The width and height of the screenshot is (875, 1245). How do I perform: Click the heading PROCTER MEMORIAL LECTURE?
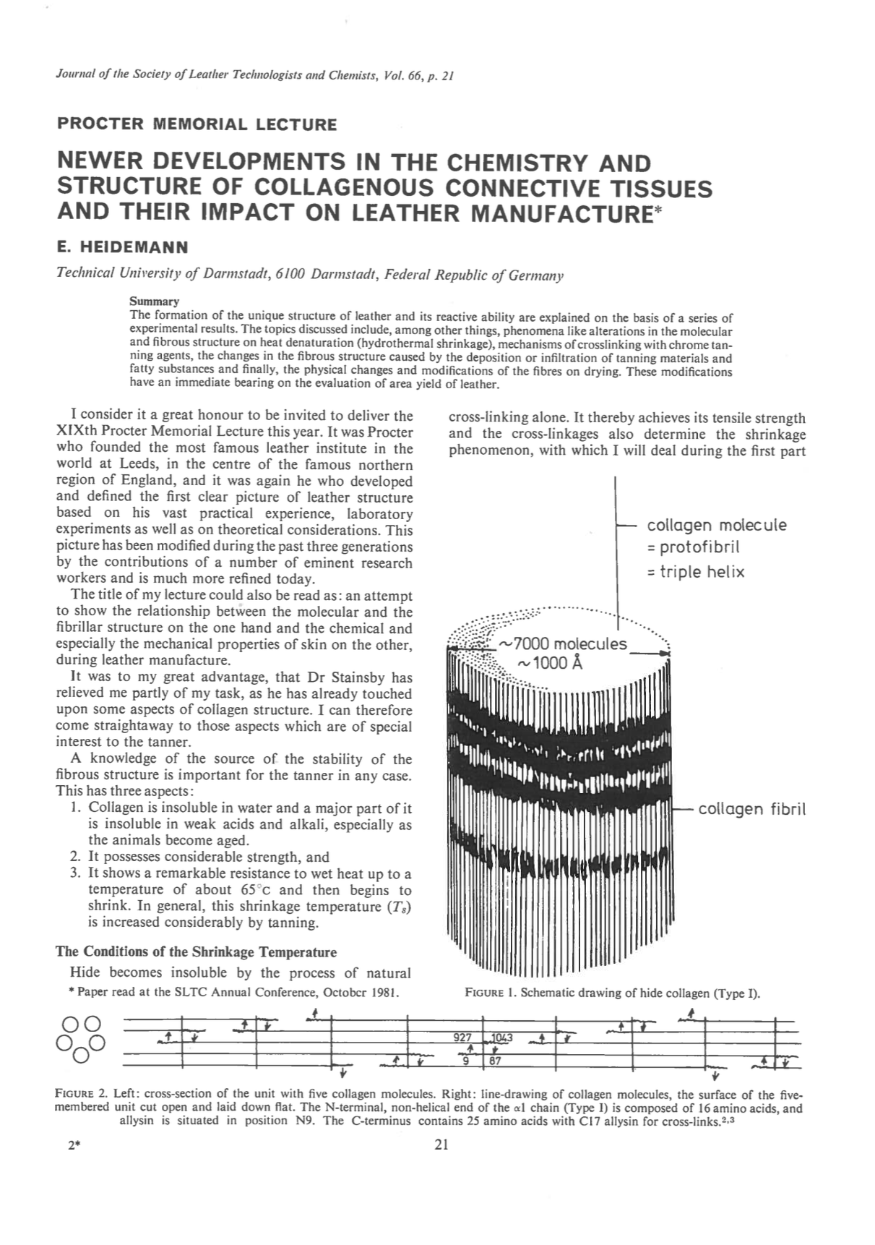click(x=197, y=124)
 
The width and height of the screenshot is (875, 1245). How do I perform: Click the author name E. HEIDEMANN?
click(x=122, y=247)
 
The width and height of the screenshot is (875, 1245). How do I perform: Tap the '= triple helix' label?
click(x=696, y=572)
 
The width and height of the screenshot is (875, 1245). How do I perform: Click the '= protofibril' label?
click(x=694, y=547)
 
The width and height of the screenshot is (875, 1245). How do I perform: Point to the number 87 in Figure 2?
click(x=495, y=1061)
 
